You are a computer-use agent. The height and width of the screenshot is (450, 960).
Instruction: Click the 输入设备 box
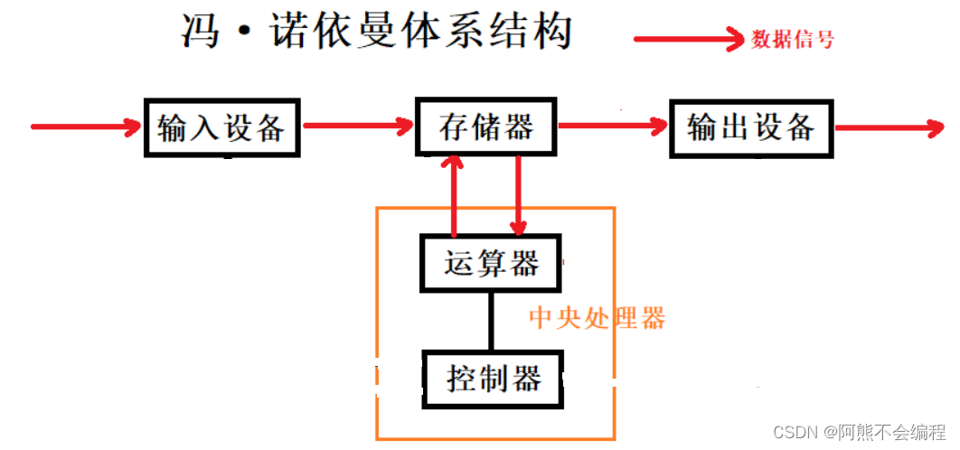[x=221, y=127]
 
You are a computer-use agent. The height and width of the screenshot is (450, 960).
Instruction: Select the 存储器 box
[x=486, y=127]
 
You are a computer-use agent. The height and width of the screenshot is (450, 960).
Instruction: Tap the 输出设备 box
[x=750, y=127]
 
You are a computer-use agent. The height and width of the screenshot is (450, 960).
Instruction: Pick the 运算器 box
[x=491, y=264]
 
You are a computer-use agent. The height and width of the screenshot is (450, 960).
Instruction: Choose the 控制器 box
[x=493, y=378]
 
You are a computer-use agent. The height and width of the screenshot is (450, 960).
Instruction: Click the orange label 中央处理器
[x=597, y=318]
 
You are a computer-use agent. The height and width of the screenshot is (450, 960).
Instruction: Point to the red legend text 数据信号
[x=793, y=40]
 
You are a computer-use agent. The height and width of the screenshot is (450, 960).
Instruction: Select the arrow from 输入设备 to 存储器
[x=357, y=127]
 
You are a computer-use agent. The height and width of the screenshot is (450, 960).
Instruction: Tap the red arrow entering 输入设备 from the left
[x=87, y=127]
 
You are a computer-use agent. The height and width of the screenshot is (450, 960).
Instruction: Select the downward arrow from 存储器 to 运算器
[x=519, y=194]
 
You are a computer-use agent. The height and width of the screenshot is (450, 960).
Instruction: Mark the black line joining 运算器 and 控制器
[x=492, y=321]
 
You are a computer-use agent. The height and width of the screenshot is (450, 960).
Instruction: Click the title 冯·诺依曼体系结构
[x=377, y=33]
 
